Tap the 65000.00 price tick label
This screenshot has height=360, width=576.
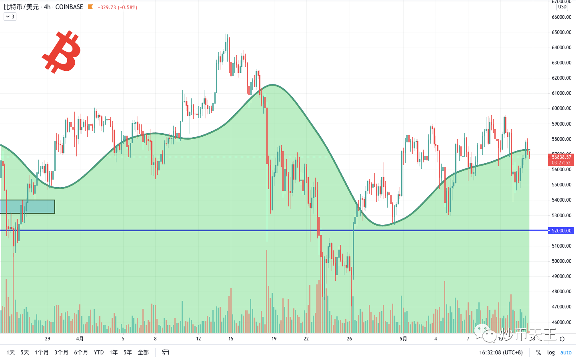coord(562,32)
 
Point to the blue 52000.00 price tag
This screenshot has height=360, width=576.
coord(561,231)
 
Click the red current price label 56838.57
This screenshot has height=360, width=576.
coord(562,157)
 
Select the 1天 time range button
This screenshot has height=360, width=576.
coord(10,352)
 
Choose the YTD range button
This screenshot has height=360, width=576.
coord(98,352)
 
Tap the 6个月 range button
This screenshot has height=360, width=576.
coord(81,352)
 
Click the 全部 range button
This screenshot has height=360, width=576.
coord(143,352)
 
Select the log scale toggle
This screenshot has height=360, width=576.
coord(551,352)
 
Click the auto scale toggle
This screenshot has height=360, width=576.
coord(566,352)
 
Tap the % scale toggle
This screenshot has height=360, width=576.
coord(539,352)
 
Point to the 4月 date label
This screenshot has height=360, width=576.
coord(80,339)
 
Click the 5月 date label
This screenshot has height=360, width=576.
coord(403,339)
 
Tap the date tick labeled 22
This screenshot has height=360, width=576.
coord(306,339)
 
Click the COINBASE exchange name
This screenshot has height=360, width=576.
coord(69,7)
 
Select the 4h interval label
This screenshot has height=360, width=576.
coord(47,7)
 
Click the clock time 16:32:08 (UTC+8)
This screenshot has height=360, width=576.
coord(501,352)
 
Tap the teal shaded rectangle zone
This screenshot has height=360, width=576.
coord(27,206)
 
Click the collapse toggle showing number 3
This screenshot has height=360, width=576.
coord(10,17)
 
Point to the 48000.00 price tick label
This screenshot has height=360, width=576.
coord(562,292)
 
